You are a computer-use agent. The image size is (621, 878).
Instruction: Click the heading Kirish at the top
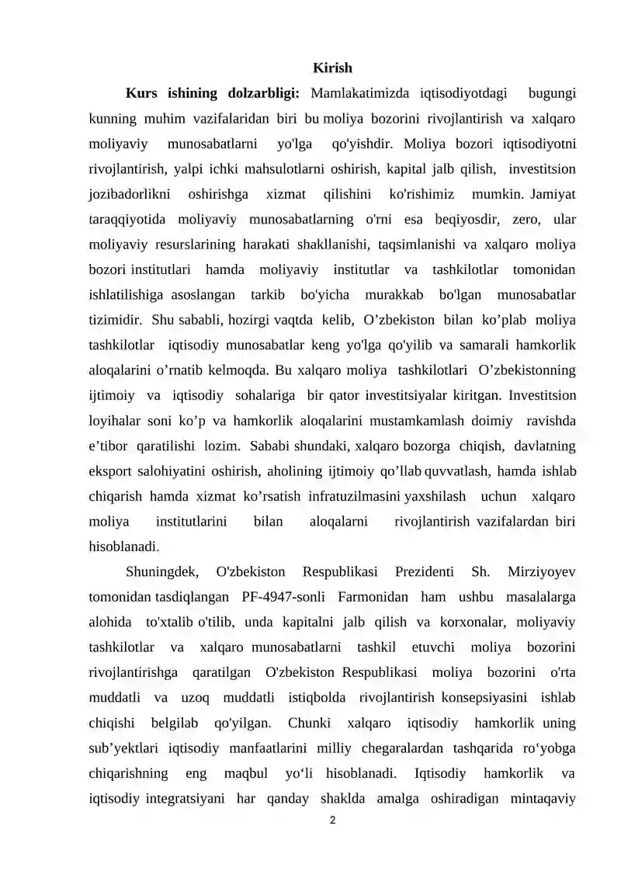(x=332, y=68)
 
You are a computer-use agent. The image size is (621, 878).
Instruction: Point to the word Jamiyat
(x=554, y=193)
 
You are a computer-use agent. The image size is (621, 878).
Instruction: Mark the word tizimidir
(x=115, y=320)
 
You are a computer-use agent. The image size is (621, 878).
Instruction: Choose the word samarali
(x=490, y=345)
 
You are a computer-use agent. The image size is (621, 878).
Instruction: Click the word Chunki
(x=310, y=723)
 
